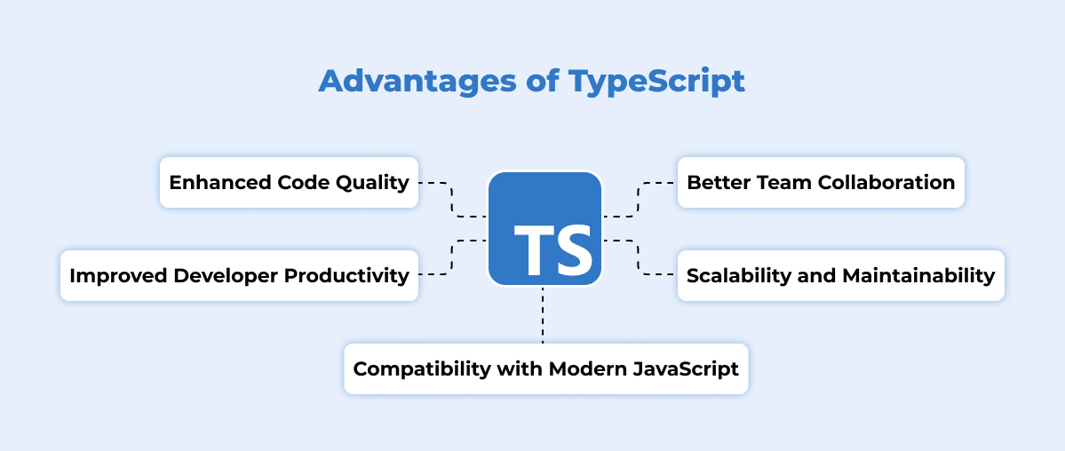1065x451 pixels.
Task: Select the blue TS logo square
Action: point(544,228)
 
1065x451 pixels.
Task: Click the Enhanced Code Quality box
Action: point(289,183)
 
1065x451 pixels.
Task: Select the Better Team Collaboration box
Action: point(821,183)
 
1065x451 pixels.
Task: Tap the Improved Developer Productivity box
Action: point(239,276)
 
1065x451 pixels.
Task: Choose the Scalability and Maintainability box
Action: point(840,276)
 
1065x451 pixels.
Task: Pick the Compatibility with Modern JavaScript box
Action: point(545,368)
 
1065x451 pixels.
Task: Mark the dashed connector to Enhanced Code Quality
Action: point(452,200)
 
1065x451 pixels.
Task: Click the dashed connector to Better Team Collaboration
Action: point(639,200)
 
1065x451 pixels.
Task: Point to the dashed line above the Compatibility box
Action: point(543,314)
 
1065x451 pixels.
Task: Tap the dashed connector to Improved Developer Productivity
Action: point(452,257)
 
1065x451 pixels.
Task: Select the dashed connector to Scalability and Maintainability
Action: point(639,257)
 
